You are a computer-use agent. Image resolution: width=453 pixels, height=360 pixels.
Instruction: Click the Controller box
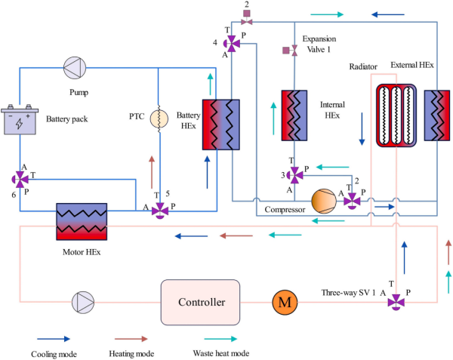(x=200, y=303)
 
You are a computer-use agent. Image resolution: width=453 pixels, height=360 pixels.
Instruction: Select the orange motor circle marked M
(x=284, y=303)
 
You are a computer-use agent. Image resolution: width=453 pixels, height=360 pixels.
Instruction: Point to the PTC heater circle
(x=159, y=119)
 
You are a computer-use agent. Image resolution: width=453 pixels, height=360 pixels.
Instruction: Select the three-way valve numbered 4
(x=234, y=43)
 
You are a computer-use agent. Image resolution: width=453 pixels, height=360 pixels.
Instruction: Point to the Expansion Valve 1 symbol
(x=287, y=51)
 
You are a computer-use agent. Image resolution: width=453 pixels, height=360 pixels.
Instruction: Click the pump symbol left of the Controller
(x=82, y=303)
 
